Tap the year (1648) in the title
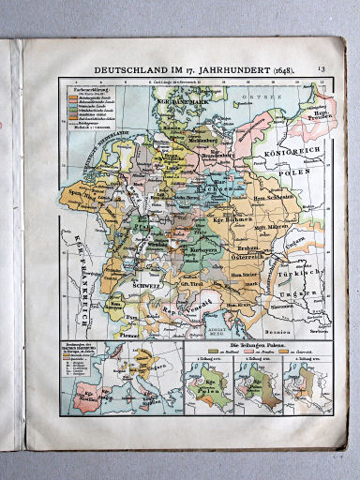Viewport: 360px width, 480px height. point(272,70)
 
